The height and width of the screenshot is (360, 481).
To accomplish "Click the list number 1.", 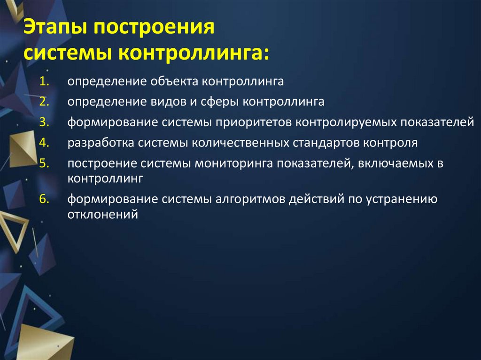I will [x=44, y=81].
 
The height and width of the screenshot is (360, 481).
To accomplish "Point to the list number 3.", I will [x=44, y=122].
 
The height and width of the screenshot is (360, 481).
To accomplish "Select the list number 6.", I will [x=44, y=199].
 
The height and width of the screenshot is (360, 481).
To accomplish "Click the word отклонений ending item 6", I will [x=102, y=214].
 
